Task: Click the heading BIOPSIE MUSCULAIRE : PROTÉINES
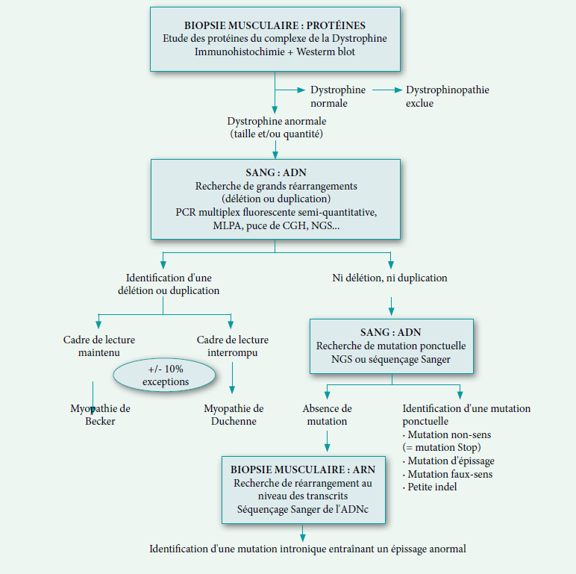coord(275,25)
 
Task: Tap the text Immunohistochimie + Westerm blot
coord(275,52)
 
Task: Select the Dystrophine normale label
coord(338,96)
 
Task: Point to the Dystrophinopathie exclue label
coord(447,96)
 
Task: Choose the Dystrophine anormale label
coord(276,127)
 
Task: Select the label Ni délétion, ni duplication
coord(389,278)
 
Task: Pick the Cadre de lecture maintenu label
coord(93,346)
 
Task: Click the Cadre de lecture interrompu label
coord(232,346)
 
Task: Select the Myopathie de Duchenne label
coord(234,415)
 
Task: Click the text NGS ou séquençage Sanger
coord(392,359)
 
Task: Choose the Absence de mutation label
coord(327,415)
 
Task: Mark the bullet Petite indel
coord(433,487)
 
